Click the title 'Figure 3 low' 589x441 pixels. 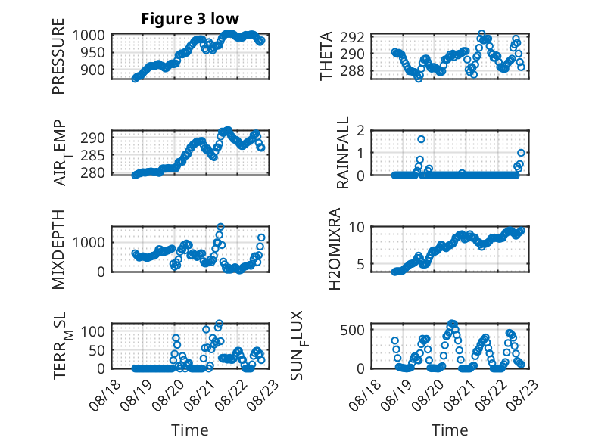click(190, 19)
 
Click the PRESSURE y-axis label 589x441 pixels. click(58, 56)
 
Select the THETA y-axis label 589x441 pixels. click(326, 56)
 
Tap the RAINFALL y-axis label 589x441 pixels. click(343, 152)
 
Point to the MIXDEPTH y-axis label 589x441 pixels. click(58, 249)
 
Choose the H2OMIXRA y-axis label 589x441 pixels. click(335, 249)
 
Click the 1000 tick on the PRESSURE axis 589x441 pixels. click(89, 35)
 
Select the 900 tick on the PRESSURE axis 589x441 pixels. click(93, 70)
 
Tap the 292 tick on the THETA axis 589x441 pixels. click(352, 37)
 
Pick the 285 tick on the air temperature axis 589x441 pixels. click(93, 155)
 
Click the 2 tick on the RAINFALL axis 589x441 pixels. click(361, 131)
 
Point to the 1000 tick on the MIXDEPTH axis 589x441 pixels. click(89, 242)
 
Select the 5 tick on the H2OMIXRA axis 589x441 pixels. click(361, 264)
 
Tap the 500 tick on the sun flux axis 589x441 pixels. click(352, 330)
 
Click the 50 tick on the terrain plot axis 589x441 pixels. click(97, 350)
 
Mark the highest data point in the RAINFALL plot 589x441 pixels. click(421, 139)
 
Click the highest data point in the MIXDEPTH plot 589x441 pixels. click(220, 227)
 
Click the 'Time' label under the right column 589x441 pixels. click(450, 430)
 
